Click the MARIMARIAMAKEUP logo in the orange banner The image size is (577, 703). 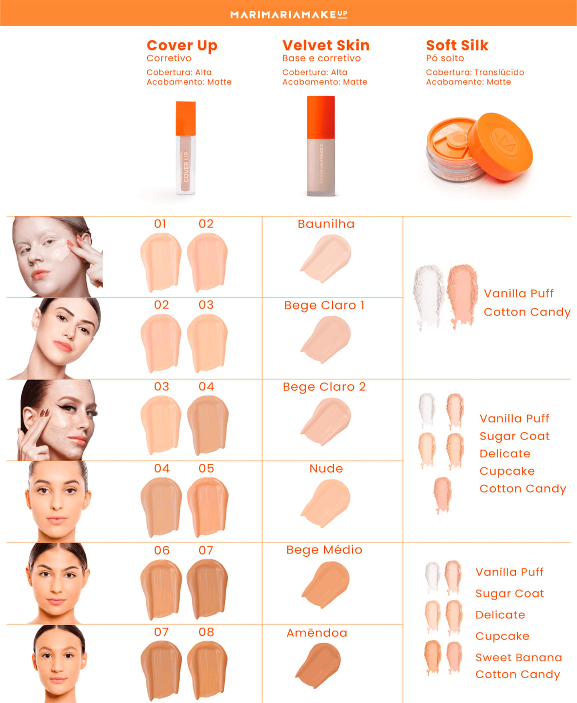tap(289, 14)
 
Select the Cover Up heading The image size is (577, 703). tap(182, 45)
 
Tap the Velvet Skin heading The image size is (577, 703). tap(326, 45)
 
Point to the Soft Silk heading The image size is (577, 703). tap(457, 45)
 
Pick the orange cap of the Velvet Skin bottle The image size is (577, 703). tap(321, 116)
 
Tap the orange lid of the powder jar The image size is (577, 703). tap(501, 145)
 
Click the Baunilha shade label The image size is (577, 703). tap(326, 224)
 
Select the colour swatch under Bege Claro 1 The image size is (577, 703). tap(326, 338)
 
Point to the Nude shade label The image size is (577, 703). tap(326, 468)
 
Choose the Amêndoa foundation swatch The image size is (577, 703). tap(319, 664)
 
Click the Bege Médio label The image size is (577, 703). tap(324, 549)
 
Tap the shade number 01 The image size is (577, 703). tap(160, 224)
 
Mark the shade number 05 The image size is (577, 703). tap(206, 468)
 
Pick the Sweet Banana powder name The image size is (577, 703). tap(519, 657)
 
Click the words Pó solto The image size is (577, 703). tap(445, 58)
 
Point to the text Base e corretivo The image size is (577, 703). tap(322, 58)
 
